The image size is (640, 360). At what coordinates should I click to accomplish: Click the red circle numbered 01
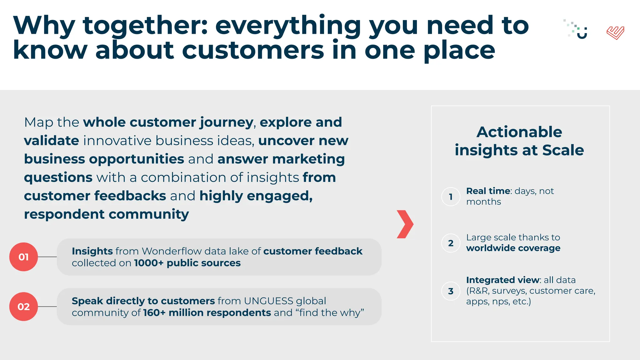pos(23,257)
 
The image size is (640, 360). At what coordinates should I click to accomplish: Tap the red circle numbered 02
pos(23,307)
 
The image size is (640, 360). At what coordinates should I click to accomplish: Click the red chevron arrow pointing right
pos(405,224)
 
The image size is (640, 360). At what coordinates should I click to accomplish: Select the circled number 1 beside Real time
pos(451,197)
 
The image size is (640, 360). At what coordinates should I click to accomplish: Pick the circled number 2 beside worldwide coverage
pos(451,243)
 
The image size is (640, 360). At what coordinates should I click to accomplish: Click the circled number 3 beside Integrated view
pos(451,291)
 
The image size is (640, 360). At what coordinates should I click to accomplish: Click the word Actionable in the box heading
pos(519,132)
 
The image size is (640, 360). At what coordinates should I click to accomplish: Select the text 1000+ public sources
pos(187,263)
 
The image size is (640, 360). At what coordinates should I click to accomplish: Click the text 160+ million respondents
pos(207,313)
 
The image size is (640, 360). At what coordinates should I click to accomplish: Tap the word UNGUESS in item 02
pos(268,301)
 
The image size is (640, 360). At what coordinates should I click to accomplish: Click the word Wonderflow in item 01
pos(172,251)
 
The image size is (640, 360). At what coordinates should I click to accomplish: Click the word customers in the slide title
pos(253,51)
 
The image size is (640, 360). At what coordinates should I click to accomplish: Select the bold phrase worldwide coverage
pos(513,248)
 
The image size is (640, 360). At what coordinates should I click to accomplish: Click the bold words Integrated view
pos(502,280)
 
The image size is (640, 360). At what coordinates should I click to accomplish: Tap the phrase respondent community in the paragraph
pos(106,214)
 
